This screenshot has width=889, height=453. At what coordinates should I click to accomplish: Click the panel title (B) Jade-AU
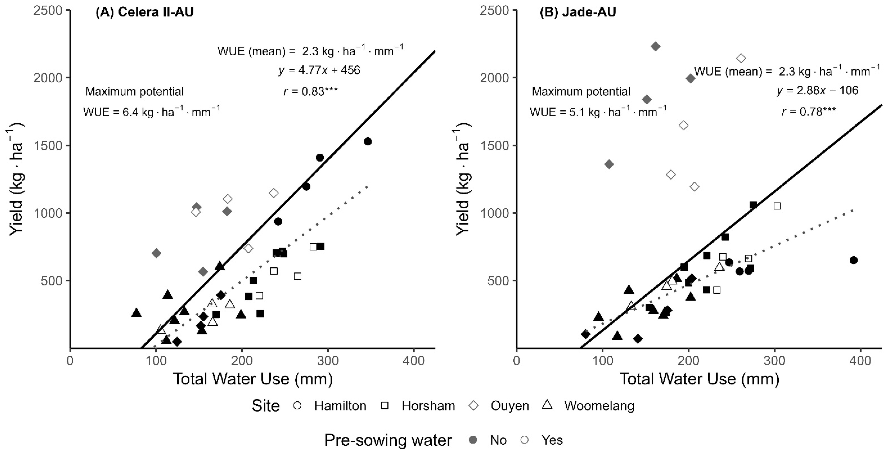578,12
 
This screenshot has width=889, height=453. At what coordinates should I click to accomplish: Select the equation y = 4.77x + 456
319,70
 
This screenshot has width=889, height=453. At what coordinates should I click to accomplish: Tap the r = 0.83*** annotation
311,91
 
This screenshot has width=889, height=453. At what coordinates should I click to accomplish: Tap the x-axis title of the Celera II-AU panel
253,379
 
